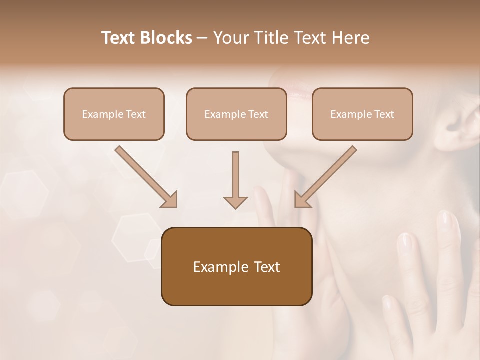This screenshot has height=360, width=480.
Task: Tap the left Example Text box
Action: [x=114, y=114]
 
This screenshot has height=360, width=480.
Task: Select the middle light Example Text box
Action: [x=236, y=114]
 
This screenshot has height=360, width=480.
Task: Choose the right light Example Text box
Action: [x=362, y=114]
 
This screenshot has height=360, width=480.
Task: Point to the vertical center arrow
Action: [x=235, y=175]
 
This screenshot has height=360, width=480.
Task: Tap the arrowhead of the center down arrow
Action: [x=235, y=202]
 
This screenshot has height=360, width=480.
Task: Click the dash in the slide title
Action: [x=202, y=38]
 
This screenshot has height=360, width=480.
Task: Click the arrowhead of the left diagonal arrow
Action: [x=170, y=200]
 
